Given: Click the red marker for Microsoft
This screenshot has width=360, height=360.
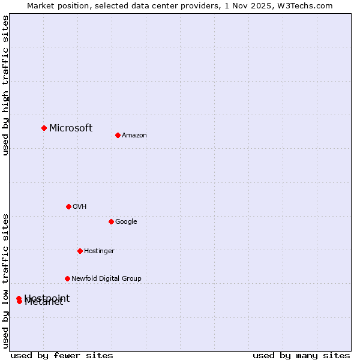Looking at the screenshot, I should click(x=44, y=128).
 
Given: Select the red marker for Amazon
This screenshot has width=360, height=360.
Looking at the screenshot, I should click(x=118, y=135).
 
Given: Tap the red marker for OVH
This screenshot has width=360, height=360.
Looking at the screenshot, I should click(x=68, y=206).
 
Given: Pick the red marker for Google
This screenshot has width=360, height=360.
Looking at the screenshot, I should click(x=111, y=221).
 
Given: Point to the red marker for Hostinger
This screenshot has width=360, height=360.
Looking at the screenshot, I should click(x=80, y=251).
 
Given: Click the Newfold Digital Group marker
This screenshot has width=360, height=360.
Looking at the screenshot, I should click(x=67, y=278).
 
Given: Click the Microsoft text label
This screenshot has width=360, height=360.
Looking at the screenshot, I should click(x=71, y=128).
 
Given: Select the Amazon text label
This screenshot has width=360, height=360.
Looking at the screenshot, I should click(x=134, y=136).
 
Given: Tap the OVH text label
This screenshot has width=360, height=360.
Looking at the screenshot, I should click(x=80, y=207).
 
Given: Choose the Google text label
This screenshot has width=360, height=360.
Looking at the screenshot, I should click(x=126, y=222).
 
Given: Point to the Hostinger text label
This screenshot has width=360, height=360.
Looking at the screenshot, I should click(x=99, y=251).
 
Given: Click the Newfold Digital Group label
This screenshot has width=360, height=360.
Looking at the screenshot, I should click(x=106, y=279).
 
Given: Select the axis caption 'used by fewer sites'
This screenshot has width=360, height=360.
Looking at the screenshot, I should click(x=62, y=355).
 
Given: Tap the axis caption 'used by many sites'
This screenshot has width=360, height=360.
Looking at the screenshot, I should click(x=301, y=355).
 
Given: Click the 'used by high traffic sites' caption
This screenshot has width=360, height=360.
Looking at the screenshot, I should click(x=6, y=85).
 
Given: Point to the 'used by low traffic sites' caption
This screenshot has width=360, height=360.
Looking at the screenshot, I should click(x=6, y=281).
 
